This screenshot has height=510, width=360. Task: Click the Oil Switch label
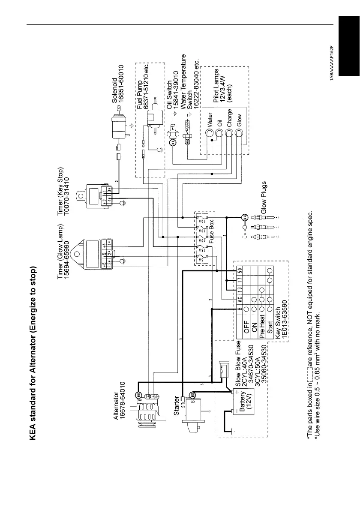coord(169,94)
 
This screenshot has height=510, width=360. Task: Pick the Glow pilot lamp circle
coord(240,134)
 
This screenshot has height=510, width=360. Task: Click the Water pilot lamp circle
coord(210,134)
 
